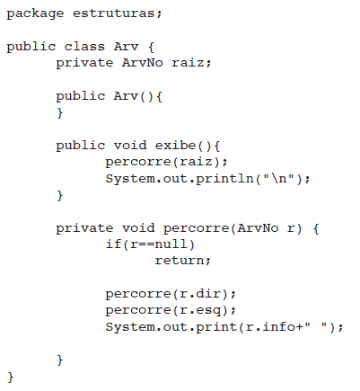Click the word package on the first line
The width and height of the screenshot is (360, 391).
[35, 14]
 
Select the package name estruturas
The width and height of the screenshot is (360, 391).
[114, 13]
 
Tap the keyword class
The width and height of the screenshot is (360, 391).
[84, 47]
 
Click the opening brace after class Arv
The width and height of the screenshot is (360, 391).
[151, 47]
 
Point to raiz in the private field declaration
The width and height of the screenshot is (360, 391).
[188, 63]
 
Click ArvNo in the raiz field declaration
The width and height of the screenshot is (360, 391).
[143, 63]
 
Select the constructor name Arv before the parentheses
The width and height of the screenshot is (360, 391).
[126, 96]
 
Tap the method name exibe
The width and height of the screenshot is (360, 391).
[175, 146]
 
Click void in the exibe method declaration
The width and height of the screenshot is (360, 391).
[130, 146]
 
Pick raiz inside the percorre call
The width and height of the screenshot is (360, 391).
[196, 162]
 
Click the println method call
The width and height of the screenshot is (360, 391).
[225, 179]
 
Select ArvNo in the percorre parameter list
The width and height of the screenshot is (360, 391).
[258, 228]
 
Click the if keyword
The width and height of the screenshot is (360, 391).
[113, 244]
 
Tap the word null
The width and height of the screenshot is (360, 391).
[171, 244]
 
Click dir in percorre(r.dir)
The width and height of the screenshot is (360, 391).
[208, 293]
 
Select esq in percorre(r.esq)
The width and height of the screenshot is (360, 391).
[208, 311]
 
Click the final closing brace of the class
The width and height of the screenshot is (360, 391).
[11, 377]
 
